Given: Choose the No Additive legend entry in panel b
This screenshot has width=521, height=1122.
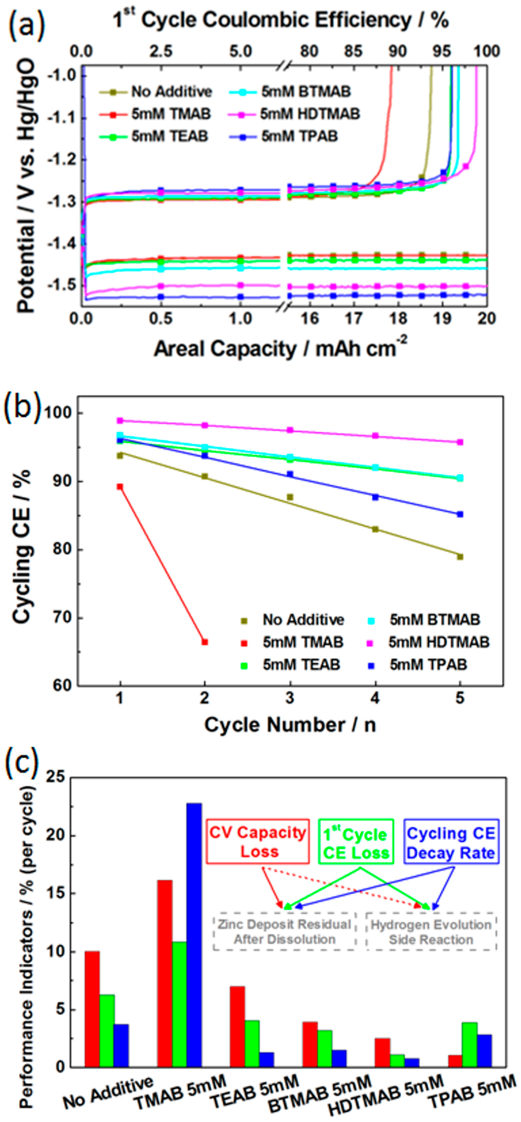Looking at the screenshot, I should coord(293,620).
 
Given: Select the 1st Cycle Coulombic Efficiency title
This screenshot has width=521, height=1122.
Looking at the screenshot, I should coord(281,20).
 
